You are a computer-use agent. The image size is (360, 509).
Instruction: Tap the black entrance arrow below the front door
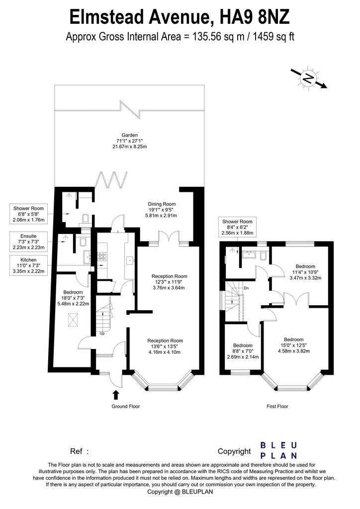click(115, 395)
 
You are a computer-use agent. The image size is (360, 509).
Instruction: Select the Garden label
click(129, 141)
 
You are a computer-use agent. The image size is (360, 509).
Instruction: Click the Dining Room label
click(162, 210)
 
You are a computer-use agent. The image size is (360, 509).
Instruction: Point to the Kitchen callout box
click(28, 265)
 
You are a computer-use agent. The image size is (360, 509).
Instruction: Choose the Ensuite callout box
click(28, 242)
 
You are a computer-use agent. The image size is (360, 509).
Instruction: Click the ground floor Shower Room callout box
click(28, 214)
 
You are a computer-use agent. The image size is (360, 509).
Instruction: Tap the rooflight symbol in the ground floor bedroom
click(74, 320)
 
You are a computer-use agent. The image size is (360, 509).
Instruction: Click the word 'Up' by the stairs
click(102, 334)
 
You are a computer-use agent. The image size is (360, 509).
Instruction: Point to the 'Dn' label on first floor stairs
click(247, 288)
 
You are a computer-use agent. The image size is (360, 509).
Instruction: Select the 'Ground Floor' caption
click(126, 406)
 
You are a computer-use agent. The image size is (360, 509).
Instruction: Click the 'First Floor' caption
click(277, 406)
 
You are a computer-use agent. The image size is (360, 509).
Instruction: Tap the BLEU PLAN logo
click(279, 450)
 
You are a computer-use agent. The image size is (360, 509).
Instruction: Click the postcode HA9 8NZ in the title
click(255, 17)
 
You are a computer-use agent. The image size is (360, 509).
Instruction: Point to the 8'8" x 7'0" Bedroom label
click(243, 351)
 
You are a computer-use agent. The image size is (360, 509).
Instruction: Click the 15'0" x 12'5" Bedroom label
click(294, 345)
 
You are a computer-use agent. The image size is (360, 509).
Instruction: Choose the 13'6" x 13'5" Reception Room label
click(165, 346)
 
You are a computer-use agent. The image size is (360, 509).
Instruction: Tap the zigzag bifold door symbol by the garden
click(111, 180)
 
